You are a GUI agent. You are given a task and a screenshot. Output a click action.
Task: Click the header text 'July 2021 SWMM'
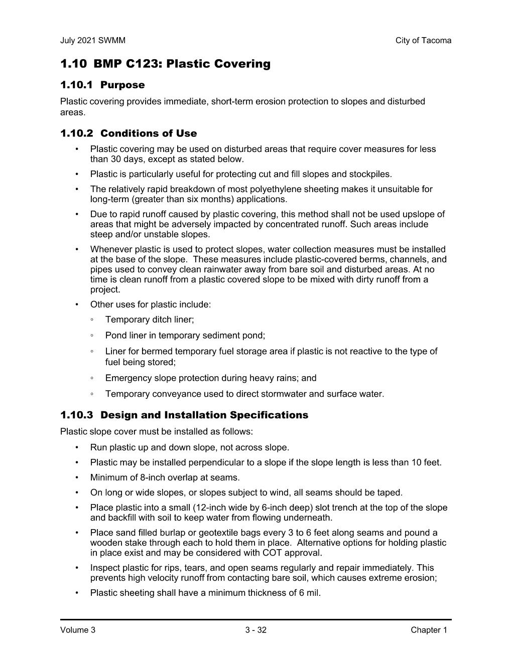[92, 41]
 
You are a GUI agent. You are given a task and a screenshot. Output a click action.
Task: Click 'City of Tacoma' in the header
[423, 41]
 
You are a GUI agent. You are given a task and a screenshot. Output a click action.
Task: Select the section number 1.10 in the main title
[73, 64]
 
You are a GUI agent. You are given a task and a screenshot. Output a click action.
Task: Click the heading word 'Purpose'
[122, 85]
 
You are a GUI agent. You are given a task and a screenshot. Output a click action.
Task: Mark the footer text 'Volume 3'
[77, 630]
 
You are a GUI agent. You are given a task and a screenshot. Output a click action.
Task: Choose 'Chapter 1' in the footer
[428, 630]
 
